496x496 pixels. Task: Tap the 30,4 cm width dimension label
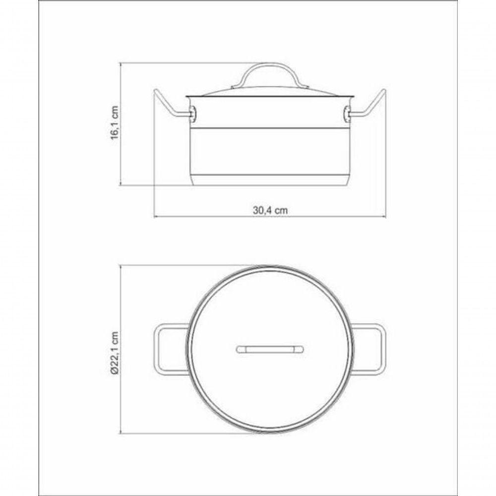tap(270, 210)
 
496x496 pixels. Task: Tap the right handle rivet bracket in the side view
tap(346, 115)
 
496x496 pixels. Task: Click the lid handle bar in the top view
tap(269, 350)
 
